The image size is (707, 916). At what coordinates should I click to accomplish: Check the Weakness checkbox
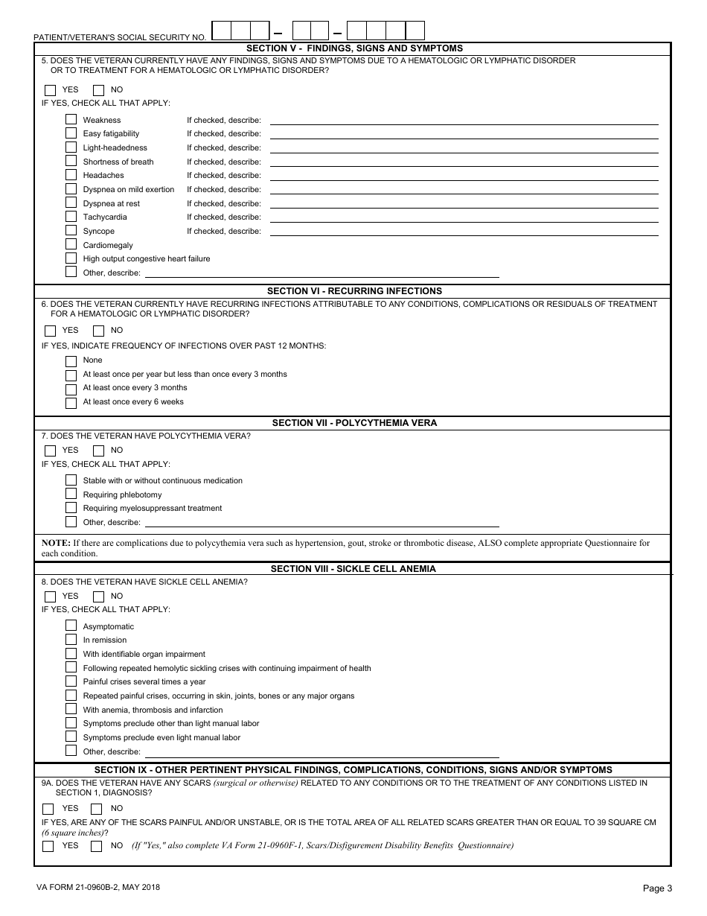coord(71,119)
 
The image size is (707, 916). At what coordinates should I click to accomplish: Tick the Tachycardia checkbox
coord(71,217)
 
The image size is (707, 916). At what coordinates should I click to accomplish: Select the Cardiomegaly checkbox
coord(71,244)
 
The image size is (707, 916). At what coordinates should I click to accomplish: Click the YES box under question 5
coord(51,90)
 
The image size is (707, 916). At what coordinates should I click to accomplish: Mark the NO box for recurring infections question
coord(98,331)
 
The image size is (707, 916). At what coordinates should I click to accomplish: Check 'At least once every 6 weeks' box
coord(71,402)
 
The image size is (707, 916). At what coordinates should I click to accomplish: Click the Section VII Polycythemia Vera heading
coord(354,423)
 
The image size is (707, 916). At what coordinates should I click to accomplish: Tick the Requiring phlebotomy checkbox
coord(71,494)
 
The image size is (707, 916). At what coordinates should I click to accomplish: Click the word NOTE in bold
coord(55,543)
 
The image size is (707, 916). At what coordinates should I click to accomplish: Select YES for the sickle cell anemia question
coord(51,597)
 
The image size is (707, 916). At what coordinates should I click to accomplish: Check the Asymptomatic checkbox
coord(71,626)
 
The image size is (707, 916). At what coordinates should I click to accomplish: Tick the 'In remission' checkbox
coord(71,640)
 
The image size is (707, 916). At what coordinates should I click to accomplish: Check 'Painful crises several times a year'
coord(71,681)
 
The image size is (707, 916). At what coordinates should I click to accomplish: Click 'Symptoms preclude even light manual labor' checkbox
coord(71,737)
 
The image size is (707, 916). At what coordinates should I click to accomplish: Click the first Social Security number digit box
coord(221,31)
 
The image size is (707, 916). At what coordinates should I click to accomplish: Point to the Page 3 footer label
coord(657,888)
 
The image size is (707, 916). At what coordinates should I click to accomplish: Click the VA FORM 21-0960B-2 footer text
coord(97,887)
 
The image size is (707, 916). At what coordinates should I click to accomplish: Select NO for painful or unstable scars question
coord(96,846)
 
